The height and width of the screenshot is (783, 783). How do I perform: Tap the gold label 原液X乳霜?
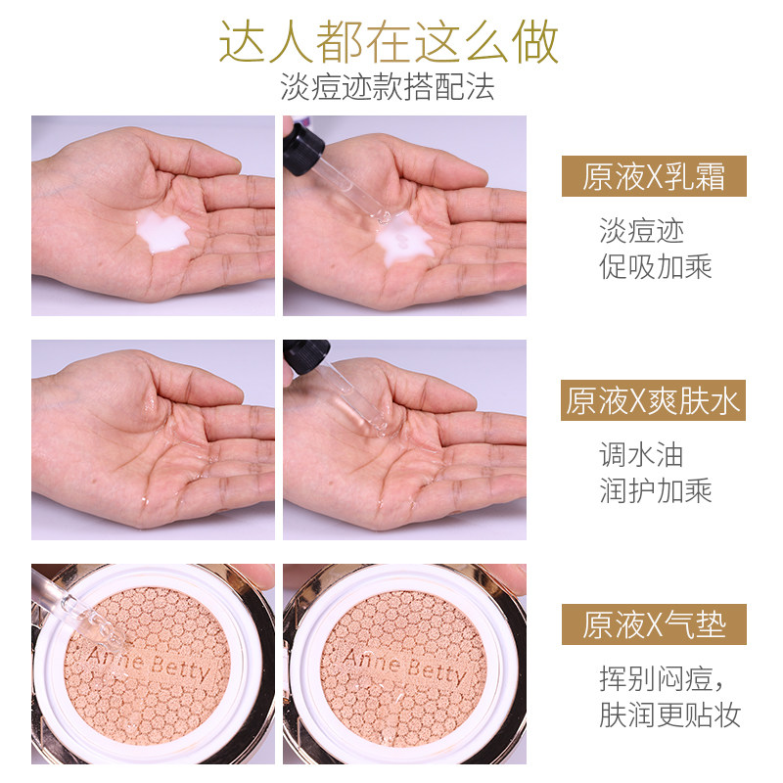653,176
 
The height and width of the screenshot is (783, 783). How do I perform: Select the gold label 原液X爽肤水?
653,400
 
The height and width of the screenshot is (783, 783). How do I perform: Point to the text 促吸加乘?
655,265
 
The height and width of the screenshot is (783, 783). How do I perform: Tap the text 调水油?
641,454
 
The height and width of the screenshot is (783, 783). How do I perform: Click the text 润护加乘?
655,489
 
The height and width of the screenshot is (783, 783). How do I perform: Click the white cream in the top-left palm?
161,231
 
